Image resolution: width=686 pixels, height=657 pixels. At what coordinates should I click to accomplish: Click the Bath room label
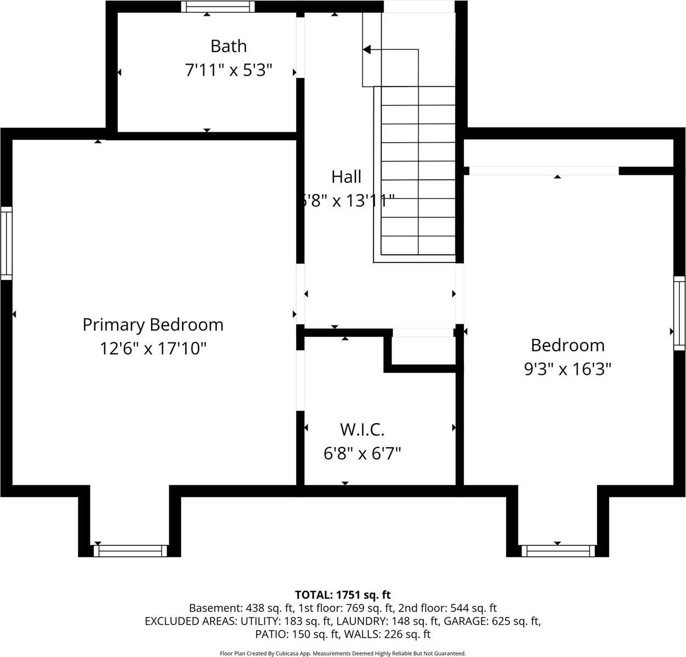(x=229, y=46)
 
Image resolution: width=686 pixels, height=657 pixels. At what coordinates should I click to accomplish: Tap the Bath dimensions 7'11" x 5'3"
(x=229, y=70)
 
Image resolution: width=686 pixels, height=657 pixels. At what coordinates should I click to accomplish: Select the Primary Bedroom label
(x=153, y=324)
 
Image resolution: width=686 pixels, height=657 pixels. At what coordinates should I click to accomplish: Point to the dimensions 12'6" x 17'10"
(x=153, y=349)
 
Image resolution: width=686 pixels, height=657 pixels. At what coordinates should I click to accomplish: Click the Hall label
(x=347, y=177)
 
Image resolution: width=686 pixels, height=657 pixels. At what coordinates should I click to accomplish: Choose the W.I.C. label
(x=362, y=429)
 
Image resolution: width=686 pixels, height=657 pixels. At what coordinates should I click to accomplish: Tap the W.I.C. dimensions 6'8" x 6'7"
(x=362, y=453)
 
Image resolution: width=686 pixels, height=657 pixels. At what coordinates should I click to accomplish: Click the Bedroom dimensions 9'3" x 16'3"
(x=568, y=369)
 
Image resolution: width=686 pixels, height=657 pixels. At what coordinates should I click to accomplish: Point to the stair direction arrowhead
(x=367, y=50)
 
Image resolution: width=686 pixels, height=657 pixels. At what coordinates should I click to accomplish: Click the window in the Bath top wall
(x=218, y=7)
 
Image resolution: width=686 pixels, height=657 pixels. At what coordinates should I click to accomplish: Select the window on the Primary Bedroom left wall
(x=6, y=243)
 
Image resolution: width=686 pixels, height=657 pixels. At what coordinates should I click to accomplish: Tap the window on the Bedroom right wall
(x=679, y=313)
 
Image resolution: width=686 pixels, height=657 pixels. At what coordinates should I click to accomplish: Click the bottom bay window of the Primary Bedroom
(x=131, y=551)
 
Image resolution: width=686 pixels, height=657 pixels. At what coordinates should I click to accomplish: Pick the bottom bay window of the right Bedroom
(x=558, y=551)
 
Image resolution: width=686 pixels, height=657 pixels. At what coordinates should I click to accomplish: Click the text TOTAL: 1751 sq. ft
(x=343, y=594)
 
